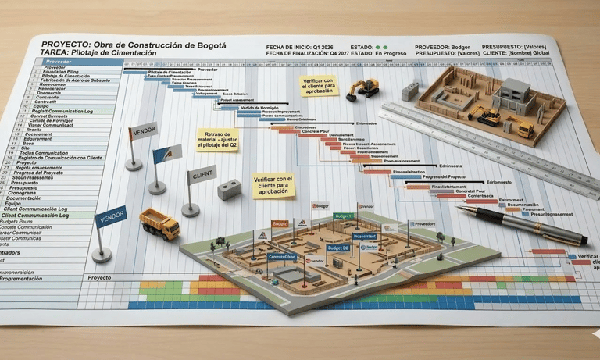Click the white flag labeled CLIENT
point(202,175)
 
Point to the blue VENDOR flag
point(110,216)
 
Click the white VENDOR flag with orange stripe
point(143,131)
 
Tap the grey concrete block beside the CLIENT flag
point(230,189)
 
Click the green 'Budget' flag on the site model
point(343,216)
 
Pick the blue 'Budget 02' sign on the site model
point(338,248)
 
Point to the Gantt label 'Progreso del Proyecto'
point(444,177)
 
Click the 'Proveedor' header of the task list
point(59,60)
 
